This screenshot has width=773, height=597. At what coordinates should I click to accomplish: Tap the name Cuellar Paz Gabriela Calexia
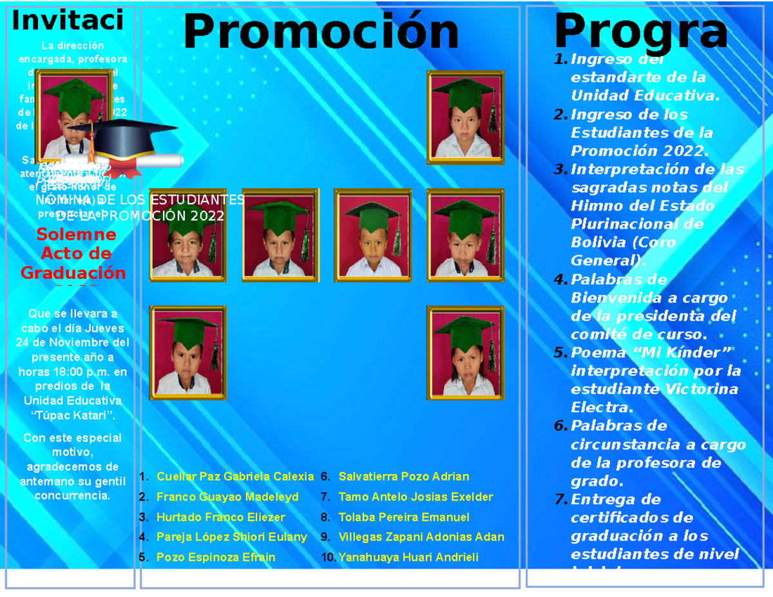[x=234, y=477]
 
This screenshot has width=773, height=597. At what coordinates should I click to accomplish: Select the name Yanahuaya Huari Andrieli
[x=408, y=557]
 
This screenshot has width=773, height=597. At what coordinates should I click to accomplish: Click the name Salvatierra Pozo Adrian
[x=403, y=477]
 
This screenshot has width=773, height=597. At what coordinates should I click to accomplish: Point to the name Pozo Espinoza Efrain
[x=215, y=557]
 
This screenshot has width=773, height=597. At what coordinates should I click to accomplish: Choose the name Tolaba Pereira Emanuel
[x=403, y=517]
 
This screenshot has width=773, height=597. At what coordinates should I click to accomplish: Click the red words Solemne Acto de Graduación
[x=73, y=253]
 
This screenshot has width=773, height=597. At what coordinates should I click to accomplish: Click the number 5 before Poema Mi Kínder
[x=560, y=353]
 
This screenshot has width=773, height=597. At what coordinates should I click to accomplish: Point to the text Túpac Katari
[x=73, y=414]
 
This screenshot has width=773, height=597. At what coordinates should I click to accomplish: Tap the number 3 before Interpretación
[x=560, y=169]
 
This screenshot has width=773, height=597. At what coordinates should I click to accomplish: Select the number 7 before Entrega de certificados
[x=560, y=500]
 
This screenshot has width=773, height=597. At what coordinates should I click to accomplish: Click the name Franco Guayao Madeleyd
[x=227, y=497]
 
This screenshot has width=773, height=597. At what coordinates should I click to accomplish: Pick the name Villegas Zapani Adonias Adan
[x=421, y=537]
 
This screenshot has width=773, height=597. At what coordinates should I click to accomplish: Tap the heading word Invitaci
[x=68, y=21]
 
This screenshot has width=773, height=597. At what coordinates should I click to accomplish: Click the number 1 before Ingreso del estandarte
[x=560, y=60]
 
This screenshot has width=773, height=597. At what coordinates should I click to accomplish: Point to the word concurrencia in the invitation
[x=72, y=496]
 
